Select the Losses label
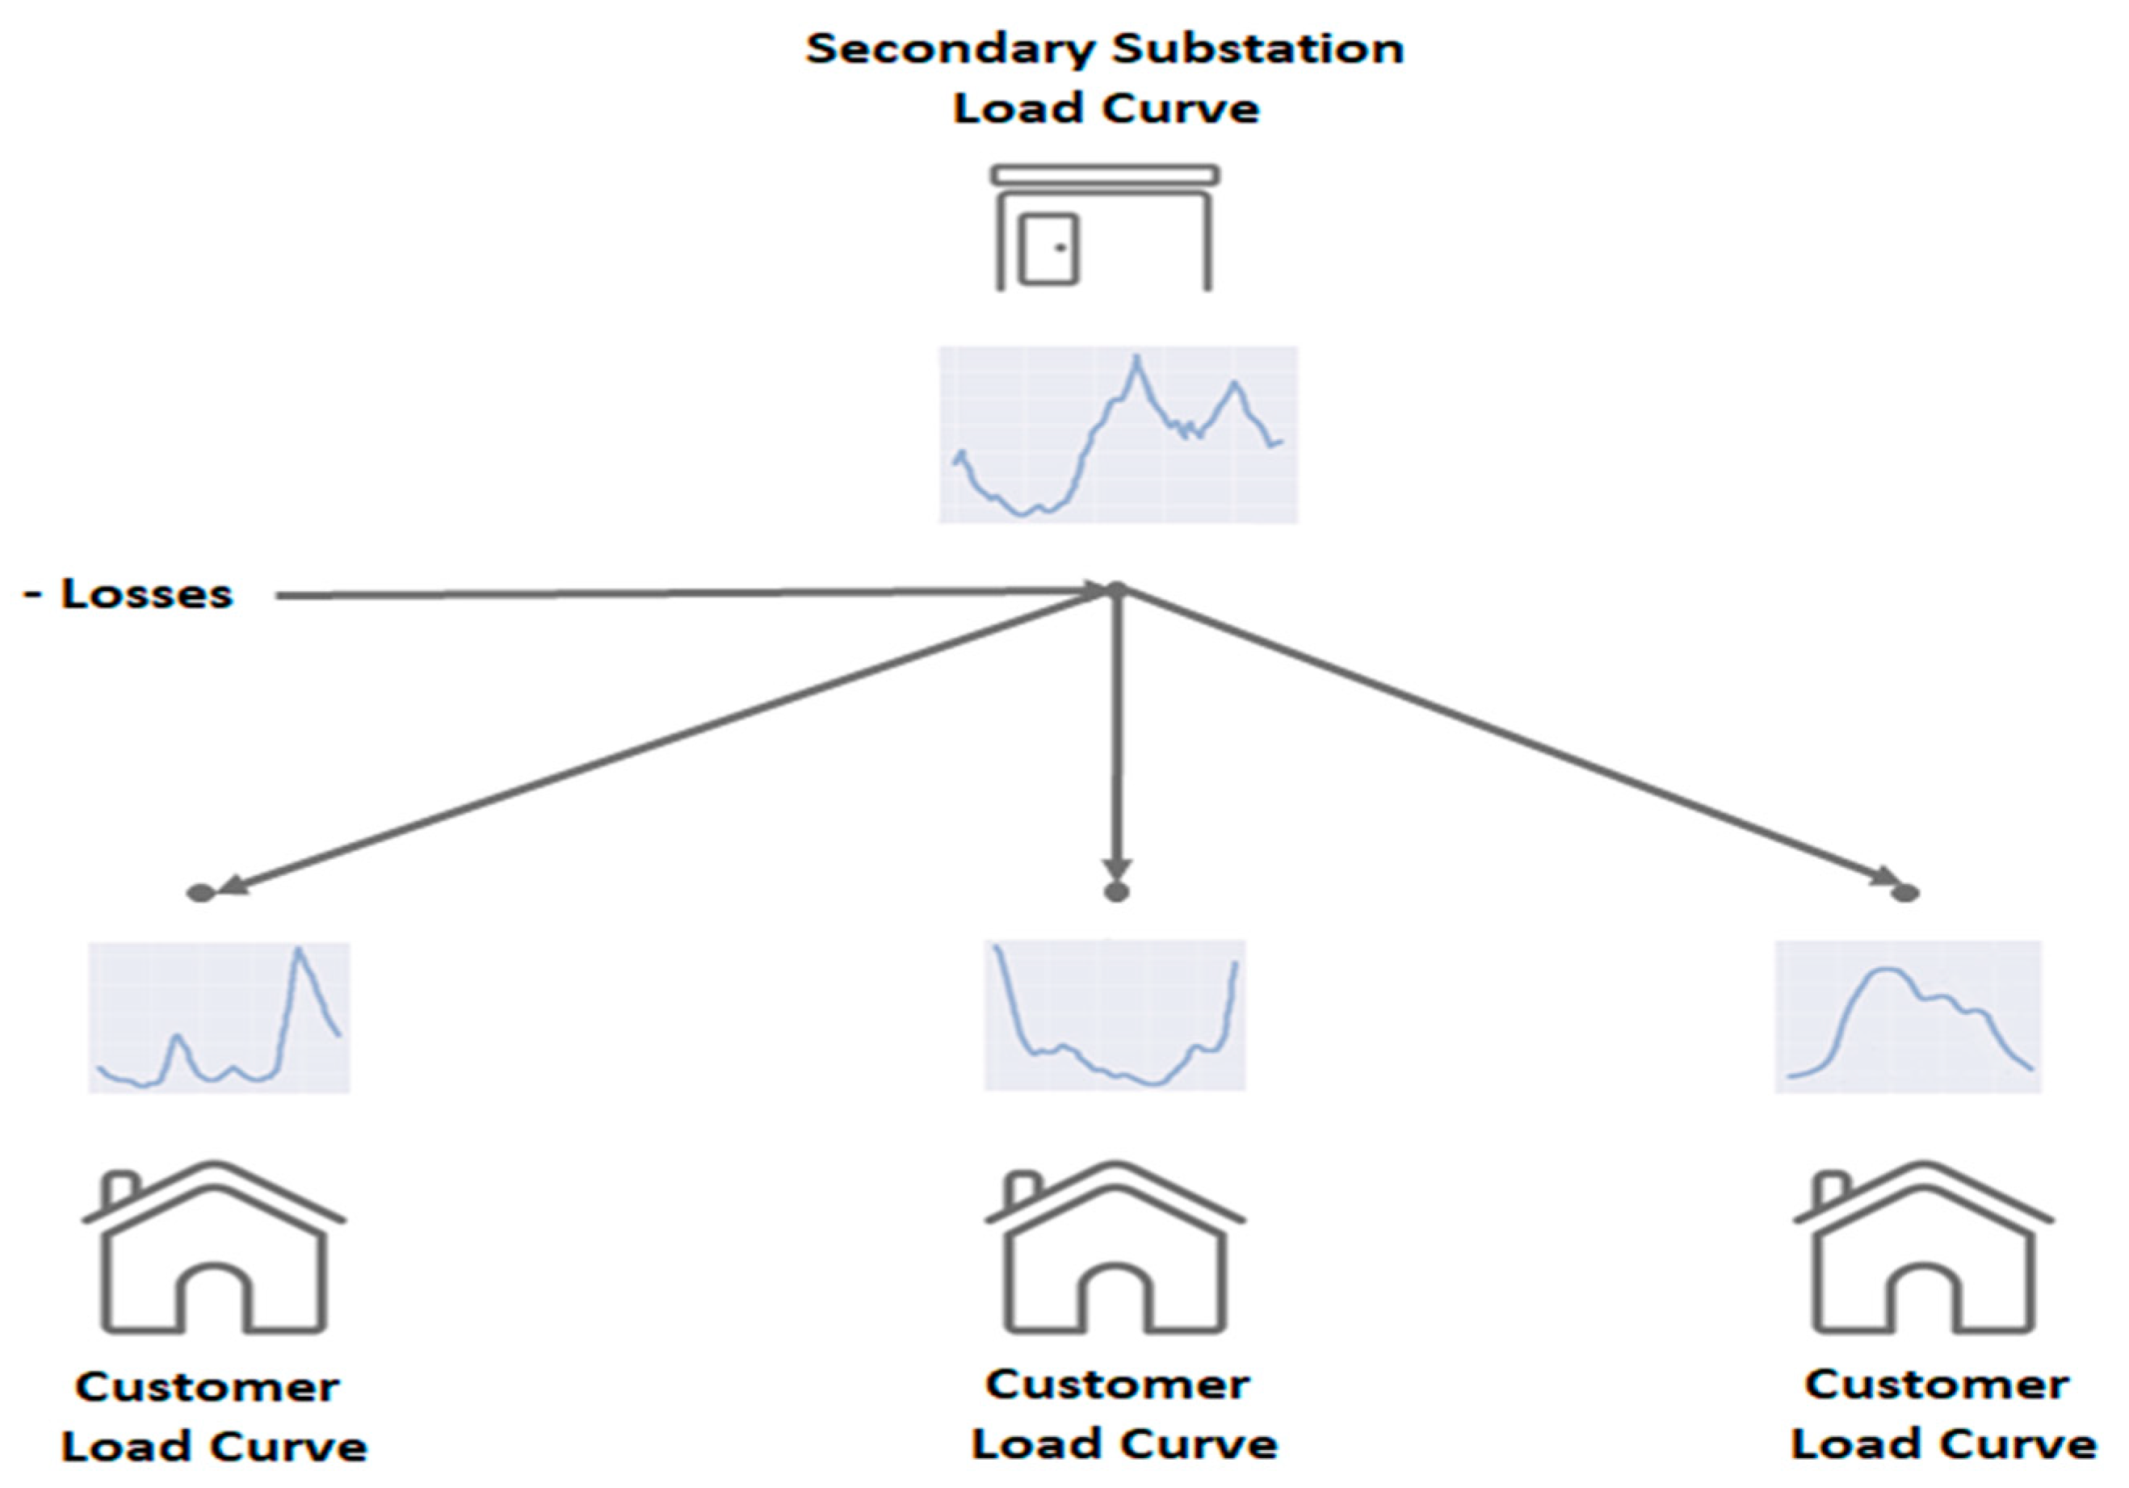click(145, 594)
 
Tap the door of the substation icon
click(1048, 249)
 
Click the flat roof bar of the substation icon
click(1103, 175)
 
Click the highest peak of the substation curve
click(1137, 358)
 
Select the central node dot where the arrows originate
click(1116, 589)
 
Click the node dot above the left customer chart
click(200, 893)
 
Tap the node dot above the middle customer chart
click(1116, 892)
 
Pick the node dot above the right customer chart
click(1904, 893)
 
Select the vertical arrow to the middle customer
click(1116, 732)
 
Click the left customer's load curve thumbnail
click(219, 1017)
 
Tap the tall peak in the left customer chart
click(299, 951)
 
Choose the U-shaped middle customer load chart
click(1114, 1015)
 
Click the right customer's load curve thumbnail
click(1908, 1017)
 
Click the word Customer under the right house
click(1936, 1386)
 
